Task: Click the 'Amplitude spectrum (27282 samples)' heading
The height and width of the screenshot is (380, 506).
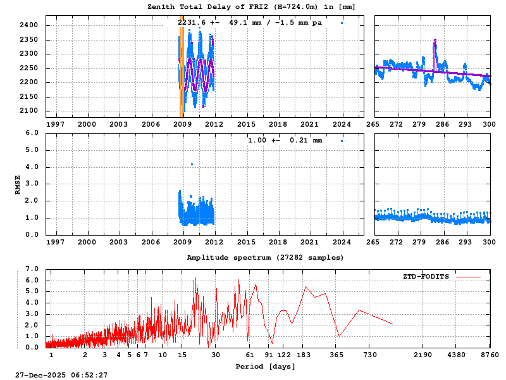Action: tap(266, 258)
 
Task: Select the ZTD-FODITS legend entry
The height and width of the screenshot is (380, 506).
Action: tap(426, 277)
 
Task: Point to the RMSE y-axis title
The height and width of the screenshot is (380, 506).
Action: tap(18, 184)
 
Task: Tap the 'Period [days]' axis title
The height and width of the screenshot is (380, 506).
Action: tap(265, 366)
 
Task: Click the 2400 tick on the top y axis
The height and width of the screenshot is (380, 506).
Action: tap(29, 25)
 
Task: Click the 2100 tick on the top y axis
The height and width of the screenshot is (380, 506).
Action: tap(29, 111)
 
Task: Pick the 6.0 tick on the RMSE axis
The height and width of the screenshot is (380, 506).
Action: tap(32, 133)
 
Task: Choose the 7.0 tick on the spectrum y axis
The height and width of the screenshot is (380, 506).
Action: tap(32, 269)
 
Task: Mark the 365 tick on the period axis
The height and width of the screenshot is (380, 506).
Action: tap(336, 355)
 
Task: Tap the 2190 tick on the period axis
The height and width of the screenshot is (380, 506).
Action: tap(423, 355)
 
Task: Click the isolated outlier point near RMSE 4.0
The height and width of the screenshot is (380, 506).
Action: tap(192, 165)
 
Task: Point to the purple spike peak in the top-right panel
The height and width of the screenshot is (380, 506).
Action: tap(435, 41)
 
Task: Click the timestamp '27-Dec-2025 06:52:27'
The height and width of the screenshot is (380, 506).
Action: tap(61, 375)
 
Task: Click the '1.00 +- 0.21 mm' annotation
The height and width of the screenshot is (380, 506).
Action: tap(285, 141)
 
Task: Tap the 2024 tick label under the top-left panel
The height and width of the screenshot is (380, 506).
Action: tap(342, 125)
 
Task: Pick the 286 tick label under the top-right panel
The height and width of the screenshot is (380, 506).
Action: tap(442, 125)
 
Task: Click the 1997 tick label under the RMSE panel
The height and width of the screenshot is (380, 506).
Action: tap(55, 242)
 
